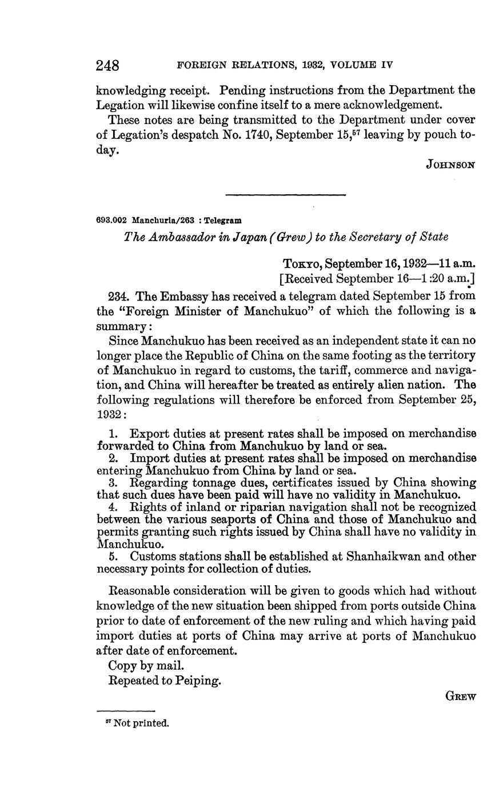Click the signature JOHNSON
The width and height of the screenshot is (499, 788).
click(451, 165)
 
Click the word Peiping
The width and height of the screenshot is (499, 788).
click(199, 681)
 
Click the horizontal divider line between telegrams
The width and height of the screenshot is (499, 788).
click(286, 195)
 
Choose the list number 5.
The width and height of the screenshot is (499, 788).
click(113, 557)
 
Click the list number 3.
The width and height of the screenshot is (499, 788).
click(113, 483)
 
